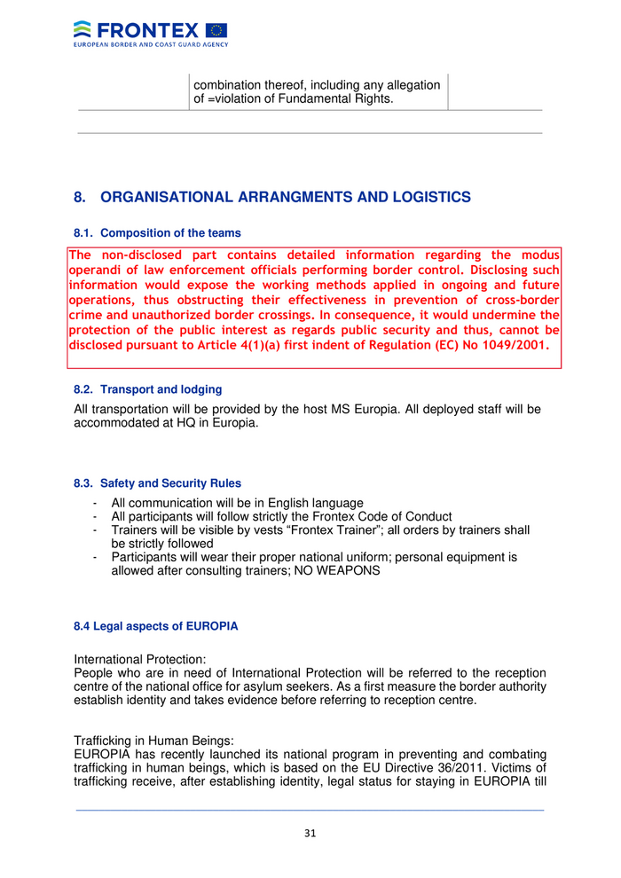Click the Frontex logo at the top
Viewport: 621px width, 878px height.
coord(150,33)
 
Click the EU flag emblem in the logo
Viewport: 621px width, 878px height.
coord(216,30)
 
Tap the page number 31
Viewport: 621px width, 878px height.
coord(310,833)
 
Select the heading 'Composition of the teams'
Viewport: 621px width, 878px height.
coord(170,233)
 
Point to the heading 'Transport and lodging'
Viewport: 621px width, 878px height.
coord(161,389)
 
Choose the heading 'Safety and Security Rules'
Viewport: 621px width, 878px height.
coord(170,483)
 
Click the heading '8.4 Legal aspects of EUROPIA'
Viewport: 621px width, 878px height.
coord(155,626)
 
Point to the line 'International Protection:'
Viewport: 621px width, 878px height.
coord(140,660)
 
